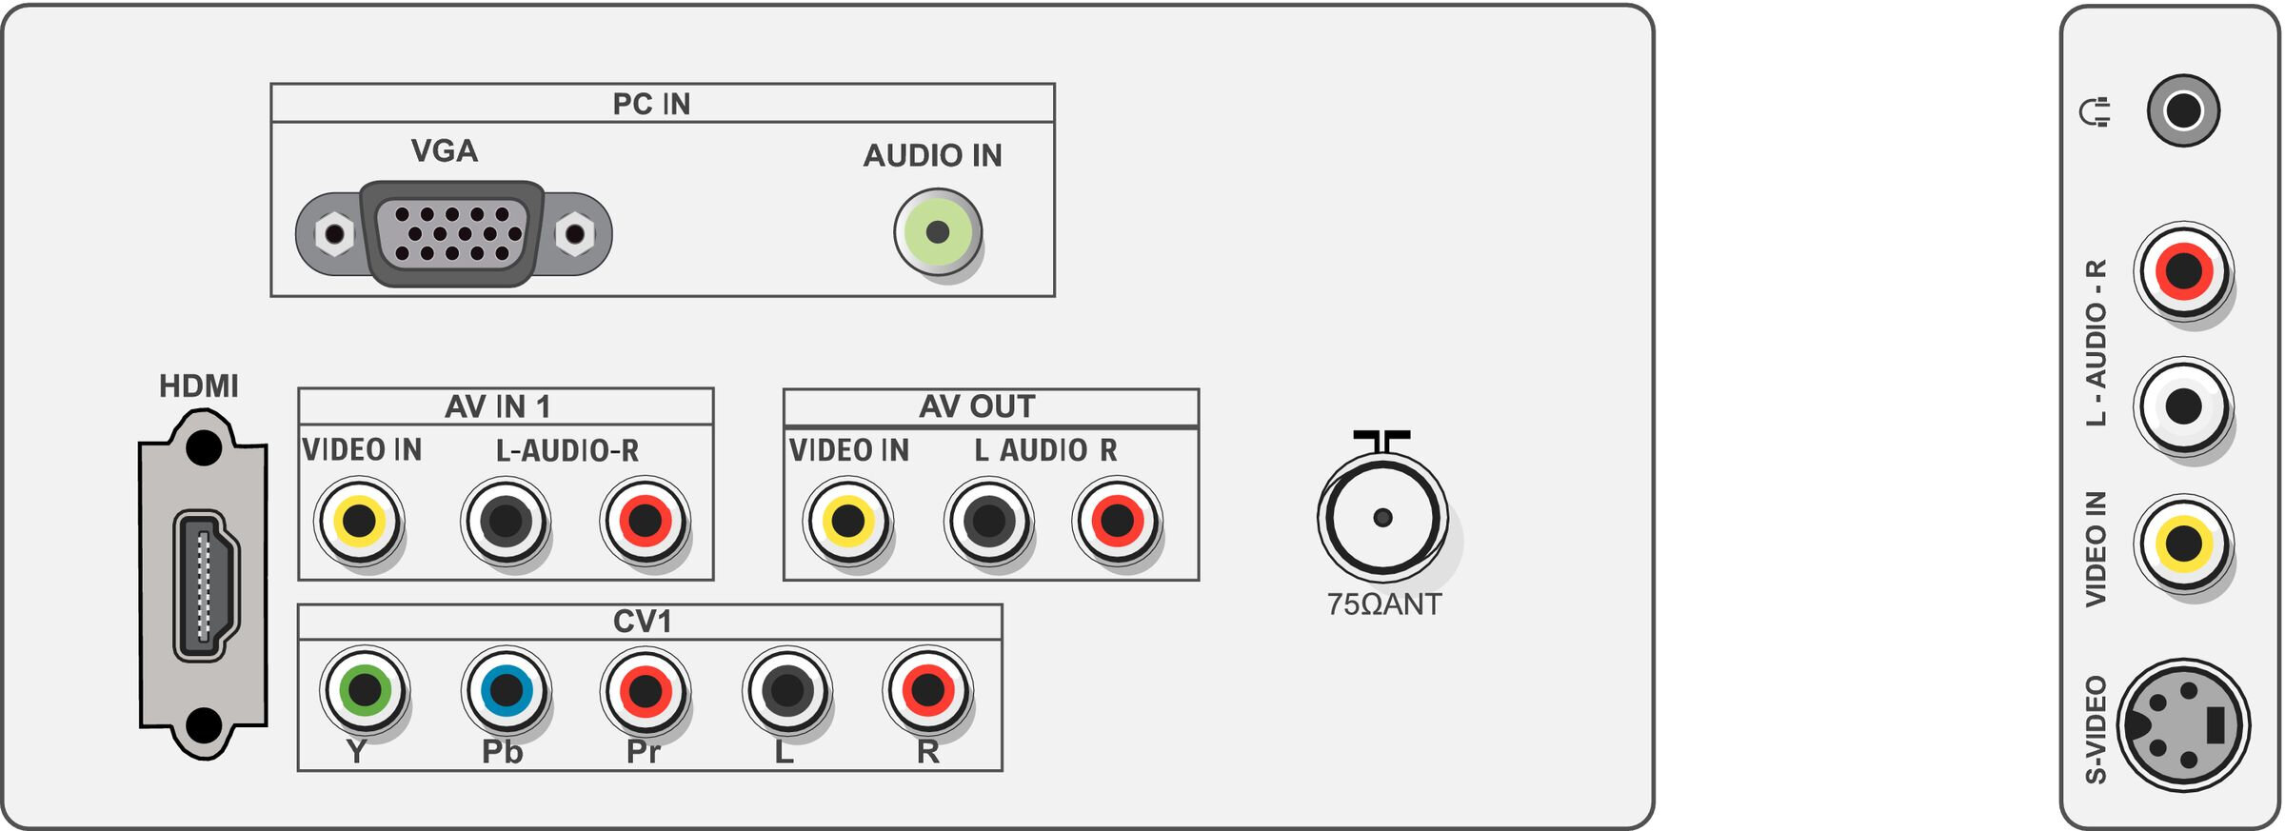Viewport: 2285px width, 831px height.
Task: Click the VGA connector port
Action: click(453, 233)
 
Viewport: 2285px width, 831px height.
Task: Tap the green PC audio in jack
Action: click(938, 231)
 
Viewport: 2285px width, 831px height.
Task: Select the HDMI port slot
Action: click(204, 584)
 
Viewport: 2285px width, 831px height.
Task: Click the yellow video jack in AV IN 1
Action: click(359, 521)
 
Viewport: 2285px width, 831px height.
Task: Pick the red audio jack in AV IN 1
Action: click(645, 521)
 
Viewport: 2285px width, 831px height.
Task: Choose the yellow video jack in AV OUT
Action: click(847, 521)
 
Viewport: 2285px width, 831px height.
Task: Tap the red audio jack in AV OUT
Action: click(1117, 521)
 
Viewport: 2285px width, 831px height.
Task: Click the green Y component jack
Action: click(364, 690)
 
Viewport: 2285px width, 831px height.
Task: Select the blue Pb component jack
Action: click(506, 690)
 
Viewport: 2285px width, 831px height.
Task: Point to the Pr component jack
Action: click(645, 690)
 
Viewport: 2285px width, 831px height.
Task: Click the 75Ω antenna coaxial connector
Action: click(1382, 517)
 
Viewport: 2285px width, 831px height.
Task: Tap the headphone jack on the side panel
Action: click(2183, 110)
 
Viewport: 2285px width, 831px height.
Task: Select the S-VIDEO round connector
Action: click(2183, 724)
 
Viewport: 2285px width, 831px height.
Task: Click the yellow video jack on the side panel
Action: click(2183, 544)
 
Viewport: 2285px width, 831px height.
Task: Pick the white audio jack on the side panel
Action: click(2183, 406)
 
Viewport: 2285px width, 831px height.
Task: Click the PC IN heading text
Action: click(651, 104)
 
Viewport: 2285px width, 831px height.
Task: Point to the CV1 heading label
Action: click(643, 622)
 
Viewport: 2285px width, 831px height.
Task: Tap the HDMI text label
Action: click(199, 386)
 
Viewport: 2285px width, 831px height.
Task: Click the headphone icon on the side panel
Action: click(2095, 111)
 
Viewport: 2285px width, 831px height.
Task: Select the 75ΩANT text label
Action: click(1384, 604)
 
